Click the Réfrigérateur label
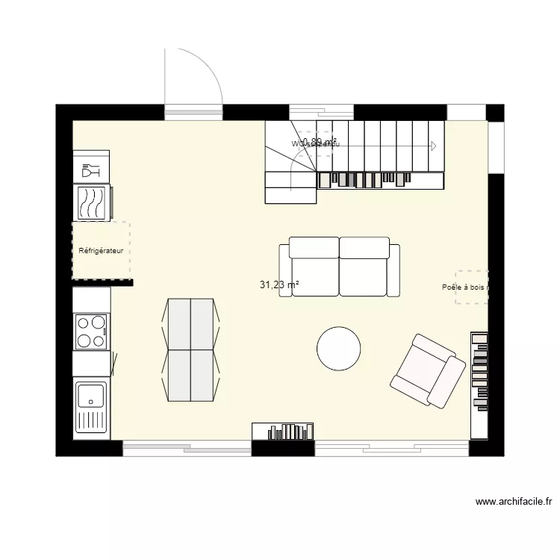(101, 251)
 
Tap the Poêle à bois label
(464, 287)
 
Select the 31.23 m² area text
(279, 284)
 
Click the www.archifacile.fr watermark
(513, 503)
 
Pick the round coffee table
(339, 349)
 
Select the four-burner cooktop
(91, 332)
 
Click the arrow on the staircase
(432, 146)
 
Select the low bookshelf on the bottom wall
(283, 432)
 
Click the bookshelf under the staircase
(381, 179)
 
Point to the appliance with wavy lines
(93, 202)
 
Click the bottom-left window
(187, 448)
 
